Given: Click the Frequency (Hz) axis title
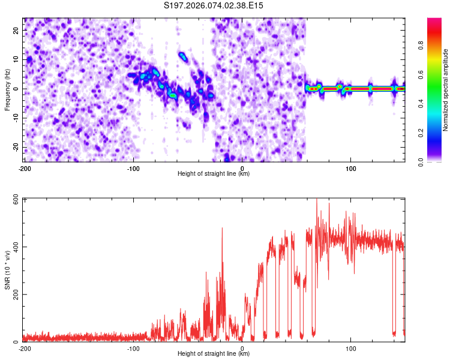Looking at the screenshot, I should point(7,89).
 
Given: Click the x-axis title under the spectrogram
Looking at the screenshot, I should point(214,173).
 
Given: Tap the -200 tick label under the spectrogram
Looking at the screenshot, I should point(25,167).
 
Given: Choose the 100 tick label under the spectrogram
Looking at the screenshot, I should point(350,167).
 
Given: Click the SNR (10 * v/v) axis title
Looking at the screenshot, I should point(7,270).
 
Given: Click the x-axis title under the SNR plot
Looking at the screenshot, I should point(214,353).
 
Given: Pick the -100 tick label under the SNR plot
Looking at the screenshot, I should point(133,348).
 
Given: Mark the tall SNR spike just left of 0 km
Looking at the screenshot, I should point(222,229).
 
